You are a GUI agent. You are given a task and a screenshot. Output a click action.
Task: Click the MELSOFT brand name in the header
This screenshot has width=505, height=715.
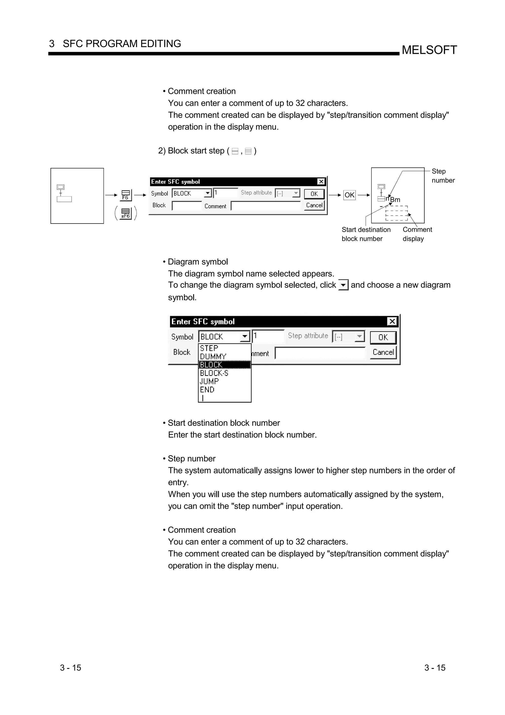click(x=429, y=50)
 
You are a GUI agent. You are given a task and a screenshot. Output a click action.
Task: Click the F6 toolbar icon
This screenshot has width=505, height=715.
click(x=126, y=195)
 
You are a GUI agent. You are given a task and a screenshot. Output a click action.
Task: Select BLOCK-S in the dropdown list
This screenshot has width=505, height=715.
click(x=214, y=373)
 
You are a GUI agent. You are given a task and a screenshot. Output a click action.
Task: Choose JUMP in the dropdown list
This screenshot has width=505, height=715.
click(x=209, y=381)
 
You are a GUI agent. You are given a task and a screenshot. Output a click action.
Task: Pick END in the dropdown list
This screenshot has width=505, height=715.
click(x=207, y=390)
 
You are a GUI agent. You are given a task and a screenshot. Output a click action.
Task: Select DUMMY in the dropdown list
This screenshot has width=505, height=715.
click(x=213, y=357)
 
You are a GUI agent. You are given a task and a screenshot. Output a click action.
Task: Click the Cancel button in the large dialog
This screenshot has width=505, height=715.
click(x=383, y=352)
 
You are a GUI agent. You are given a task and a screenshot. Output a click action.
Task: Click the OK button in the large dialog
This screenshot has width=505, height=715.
click(x=383, y=337)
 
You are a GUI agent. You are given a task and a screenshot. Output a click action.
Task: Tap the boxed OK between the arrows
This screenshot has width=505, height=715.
click(x=349, y=195)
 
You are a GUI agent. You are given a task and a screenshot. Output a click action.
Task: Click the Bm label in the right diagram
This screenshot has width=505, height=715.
click(x=395, y=200)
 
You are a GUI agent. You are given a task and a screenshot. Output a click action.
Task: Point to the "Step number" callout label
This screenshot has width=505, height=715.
click(x=443, y=176)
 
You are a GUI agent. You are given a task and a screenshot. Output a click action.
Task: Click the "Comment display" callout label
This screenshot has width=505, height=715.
click(x=417, y=234)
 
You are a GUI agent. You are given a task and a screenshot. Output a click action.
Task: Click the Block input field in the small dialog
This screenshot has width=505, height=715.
click(x=187, y=206)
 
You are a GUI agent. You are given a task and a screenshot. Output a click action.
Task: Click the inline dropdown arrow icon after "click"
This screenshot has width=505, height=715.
click(x=343, y=285)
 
